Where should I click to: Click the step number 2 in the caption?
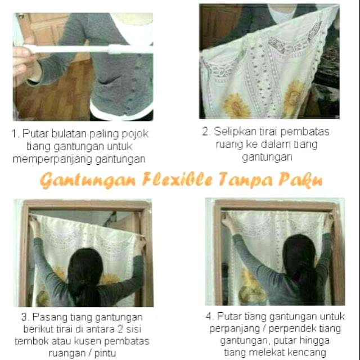pyautogui.click(x=206, y=132)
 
